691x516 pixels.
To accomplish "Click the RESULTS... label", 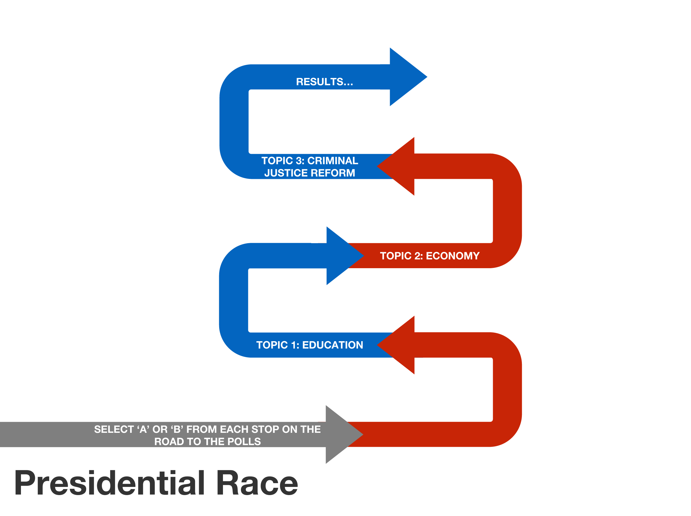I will pyautogui.click(x=325, y=82).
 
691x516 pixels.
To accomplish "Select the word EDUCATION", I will pyautogui.click(x=332, y=345).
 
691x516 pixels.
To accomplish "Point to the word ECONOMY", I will pyautogui.click(x=453, y=256).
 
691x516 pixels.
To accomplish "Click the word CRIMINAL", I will pyautogui.click(x=333, y=161).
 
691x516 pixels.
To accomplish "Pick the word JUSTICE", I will pyautogui.click(x=286, y=173).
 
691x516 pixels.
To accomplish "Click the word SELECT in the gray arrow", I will pyautogui.click(x=114, y=430).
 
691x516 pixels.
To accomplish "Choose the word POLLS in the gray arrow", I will pyautogui.click(x=244, y=442).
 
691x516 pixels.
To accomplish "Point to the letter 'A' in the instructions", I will pyautogui.click(x=143, y=430).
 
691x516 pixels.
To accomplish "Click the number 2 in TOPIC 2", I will pyautogui.click(x=417, y=256).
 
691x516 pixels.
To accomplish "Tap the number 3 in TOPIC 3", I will pyautogui.click(x=299, y=161).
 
